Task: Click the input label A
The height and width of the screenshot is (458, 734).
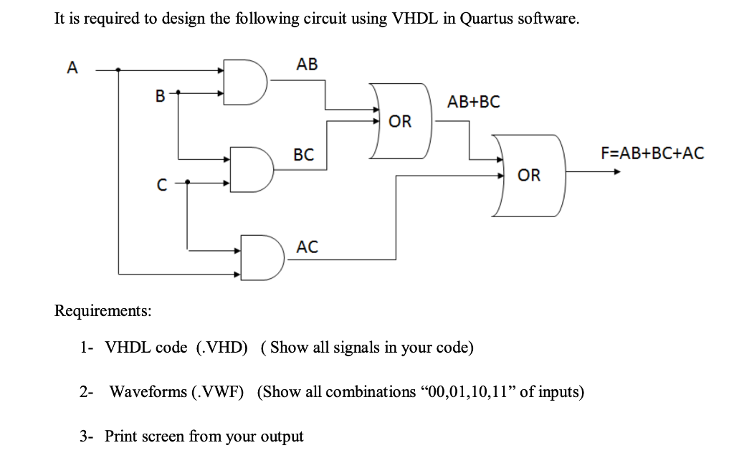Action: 72,68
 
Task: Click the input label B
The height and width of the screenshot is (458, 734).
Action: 160,94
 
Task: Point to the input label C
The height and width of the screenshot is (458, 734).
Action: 162,185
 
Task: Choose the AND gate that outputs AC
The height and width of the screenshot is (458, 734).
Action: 260,257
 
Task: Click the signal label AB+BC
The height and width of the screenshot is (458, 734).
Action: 473,101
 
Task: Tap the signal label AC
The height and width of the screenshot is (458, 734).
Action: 307,247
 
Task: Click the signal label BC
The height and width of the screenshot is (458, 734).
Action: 303,154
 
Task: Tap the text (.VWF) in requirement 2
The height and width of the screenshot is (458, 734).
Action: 218,392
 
